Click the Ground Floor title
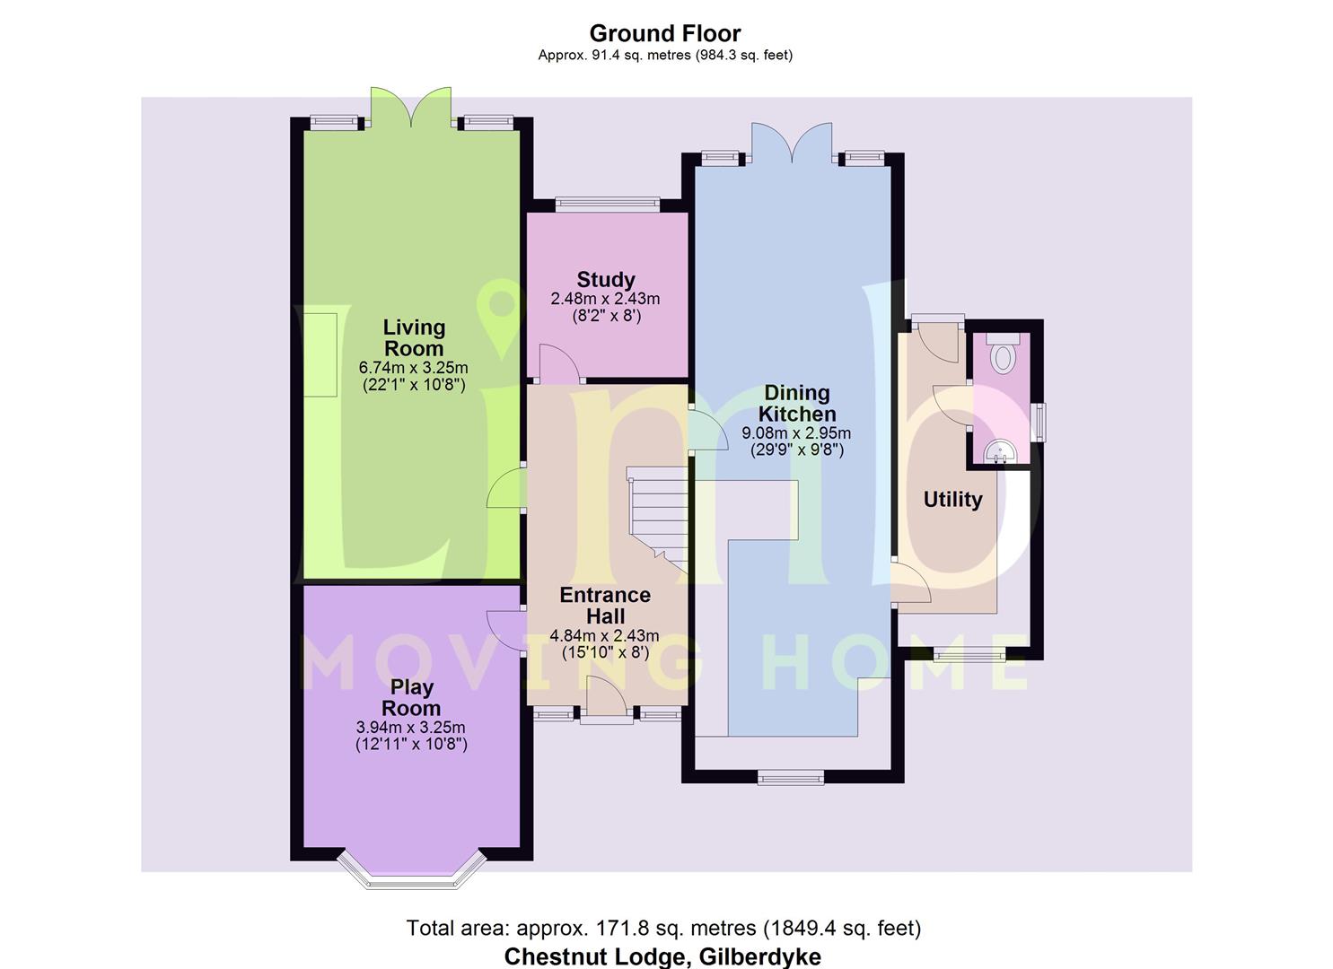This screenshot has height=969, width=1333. pos(665,33)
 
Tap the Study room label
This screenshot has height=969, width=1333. pos(606,280)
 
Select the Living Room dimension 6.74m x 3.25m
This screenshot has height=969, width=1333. pos(413,368)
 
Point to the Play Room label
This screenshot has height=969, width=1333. pos(411,698)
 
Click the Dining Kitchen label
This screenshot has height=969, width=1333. pos(797,404)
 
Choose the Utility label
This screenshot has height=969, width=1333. pos(952,499)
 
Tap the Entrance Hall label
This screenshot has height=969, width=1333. pos(605,606)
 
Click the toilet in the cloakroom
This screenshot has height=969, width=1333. pos(1003,354)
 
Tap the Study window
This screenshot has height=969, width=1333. pos(608,205)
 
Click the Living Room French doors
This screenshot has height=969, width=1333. pos(410,106)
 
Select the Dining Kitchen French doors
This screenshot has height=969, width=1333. pos(792,142)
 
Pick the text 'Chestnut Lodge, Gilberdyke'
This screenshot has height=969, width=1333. pos(662,956)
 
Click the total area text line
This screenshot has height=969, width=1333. pos(663,928)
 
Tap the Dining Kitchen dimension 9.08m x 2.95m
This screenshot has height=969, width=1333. pos(796,433)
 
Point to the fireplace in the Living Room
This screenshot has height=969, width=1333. pos(320,355)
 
